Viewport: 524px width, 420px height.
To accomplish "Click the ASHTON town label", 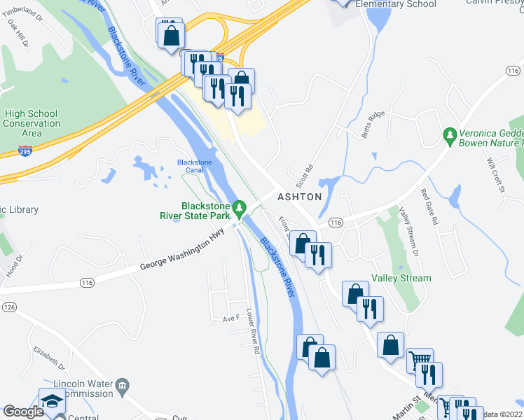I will coord(299,197).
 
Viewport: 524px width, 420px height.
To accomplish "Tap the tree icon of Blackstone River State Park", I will coord(240,207).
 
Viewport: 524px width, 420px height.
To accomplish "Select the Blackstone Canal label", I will coord(194,167).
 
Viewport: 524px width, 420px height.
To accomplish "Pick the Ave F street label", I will coord(231,318).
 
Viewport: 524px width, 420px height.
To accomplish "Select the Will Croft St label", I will coord(497,174).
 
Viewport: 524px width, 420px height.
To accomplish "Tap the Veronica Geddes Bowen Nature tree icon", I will coord(449,132).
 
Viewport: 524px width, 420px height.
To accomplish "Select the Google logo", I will coord(23,412).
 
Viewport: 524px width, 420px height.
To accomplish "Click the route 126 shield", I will coord(9,307).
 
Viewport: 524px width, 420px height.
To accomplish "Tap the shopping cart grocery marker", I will coord(419,359).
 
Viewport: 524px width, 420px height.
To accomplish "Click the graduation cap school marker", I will coord(52,401).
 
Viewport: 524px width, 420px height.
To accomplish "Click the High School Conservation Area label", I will coord(32,123).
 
